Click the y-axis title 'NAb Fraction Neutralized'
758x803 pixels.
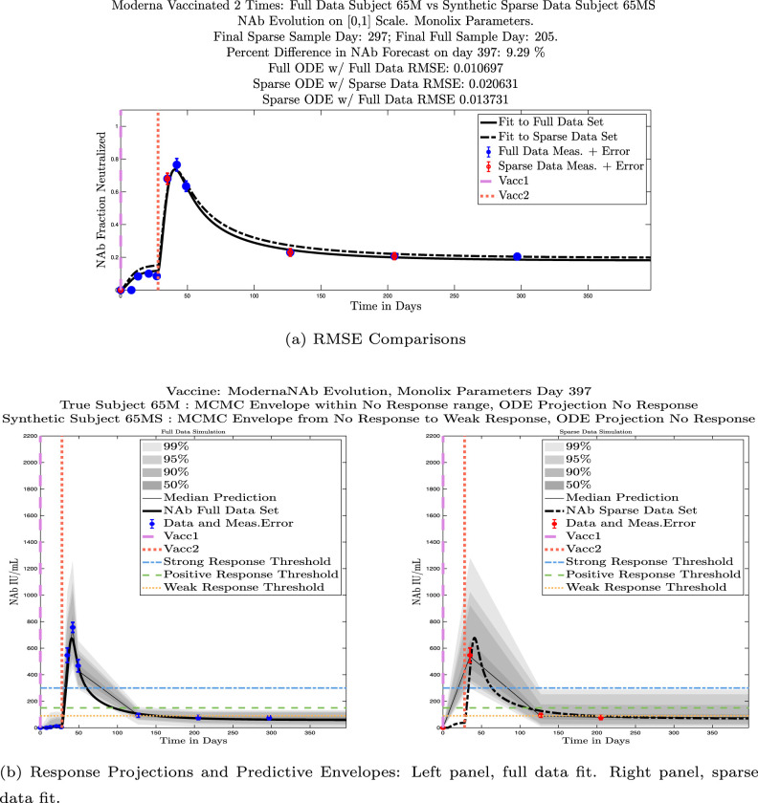tap(99, 202)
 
